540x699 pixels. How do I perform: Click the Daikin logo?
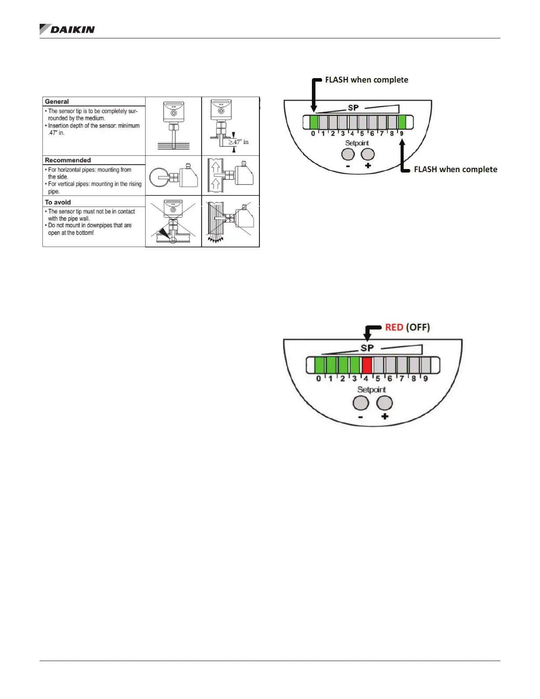point(67,30)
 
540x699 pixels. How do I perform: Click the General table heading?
point(57,101)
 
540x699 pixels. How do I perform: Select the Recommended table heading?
point(67,160)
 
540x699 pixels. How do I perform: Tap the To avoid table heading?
point(58,202)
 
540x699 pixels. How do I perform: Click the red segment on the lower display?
point(367,365)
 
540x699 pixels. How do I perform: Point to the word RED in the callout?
point(394,327)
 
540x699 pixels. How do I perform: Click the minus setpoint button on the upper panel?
point(348,154)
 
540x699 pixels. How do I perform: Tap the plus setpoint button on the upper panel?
point(367,154)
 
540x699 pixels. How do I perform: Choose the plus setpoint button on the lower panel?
point(384,402)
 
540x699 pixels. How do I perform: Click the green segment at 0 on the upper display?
point(314,122)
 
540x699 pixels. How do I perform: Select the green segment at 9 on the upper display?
point(401,122)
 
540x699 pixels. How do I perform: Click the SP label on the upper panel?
point(353,108)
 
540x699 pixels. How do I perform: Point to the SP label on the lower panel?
point(367,348)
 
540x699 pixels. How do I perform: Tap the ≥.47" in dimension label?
point(239,142)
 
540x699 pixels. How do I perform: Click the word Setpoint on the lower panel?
point(371,390)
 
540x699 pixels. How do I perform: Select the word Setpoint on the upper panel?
point(357,143)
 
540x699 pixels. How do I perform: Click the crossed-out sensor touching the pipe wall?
point(173,221)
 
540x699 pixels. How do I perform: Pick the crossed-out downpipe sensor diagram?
point(230,221)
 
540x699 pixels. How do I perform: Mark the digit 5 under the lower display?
point(378,379)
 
